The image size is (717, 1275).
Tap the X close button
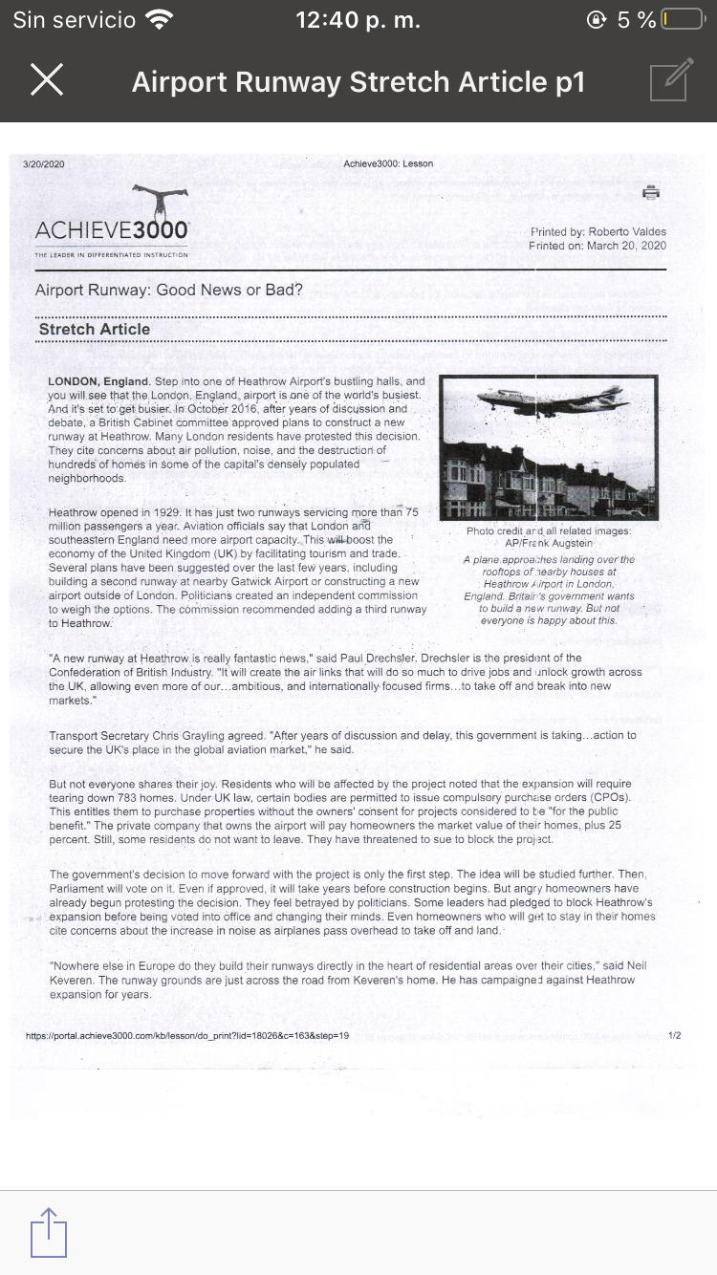(x=47, y=80)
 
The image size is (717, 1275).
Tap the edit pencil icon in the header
(x=671, y=80)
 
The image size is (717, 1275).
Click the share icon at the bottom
(x=49, y=1233)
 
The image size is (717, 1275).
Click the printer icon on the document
(x=651, y=192)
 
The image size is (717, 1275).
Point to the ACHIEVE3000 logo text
(x=112, y=231)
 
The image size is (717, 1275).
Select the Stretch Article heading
(x=95, y=329)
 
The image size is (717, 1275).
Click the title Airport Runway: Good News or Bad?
(x=169, y=290)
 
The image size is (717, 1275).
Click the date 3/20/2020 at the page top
(x=44, y=164)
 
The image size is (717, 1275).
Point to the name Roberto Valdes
(x=627, y=232)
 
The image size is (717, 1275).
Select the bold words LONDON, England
(x=98, y=381)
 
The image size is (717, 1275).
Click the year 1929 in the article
(x=161, y=512)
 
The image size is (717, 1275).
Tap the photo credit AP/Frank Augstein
(x=549, y=543)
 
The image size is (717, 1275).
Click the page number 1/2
(x=675, y=1035)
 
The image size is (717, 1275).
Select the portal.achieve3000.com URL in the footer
(x=187, y=1035)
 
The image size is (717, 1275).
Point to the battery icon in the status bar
(x=683, y=20)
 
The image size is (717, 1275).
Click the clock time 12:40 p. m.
(x=358, y=20)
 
